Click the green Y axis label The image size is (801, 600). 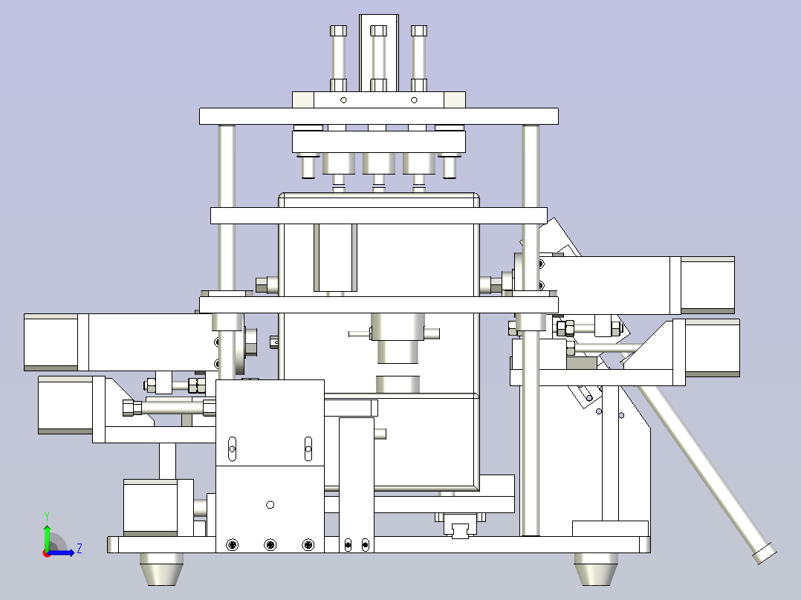tap(47, 517)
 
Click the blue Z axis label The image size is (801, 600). tap(80, 549)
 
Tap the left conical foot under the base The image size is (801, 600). tap(161, 569)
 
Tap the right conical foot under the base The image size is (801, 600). tap(596, 569)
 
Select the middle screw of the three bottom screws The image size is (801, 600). tap(270, 545)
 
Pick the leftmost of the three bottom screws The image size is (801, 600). tap(233, 545)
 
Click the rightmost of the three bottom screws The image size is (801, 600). tap(308, 545)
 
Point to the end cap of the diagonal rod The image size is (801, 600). tap(765, 554)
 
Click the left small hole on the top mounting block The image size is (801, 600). tap(343, 100)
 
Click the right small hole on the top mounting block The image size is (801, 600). tap(415, 100)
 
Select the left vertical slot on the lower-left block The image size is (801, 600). tap(232, 449)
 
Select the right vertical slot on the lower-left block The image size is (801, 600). tap(308, 449)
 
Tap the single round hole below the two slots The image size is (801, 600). tap(270, 504)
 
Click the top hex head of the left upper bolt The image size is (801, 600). tap(338, 31)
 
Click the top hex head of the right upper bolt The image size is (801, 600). tap(419, 31)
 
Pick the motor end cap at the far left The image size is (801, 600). tap(51, 342)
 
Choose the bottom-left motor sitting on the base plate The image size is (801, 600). tap(151, 508)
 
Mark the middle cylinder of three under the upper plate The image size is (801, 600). tap(378, 163)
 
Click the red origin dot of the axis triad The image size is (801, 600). tap(47, 553)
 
